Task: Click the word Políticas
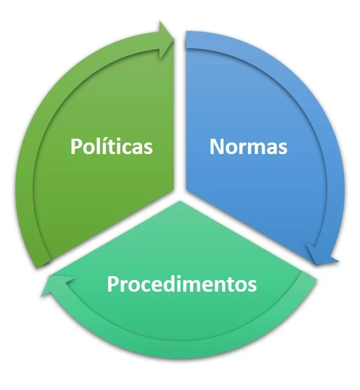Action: pos(112,147)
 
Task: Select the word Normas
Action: pos(248,147)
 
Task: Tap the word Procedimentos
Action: pos(182,284)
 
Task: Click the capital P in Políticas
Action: pos(77,147)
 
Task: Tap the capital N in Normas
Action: pos(216,147)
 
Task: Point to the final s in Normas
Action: pos(282,148)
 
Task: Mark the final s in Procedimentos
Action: pos(252,286)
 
